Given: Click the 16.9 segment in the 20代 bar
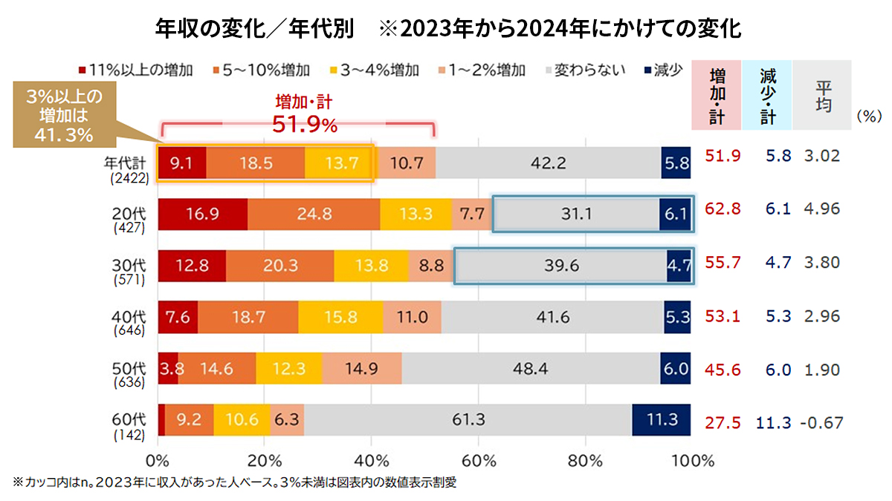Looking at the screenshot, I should [202, 215].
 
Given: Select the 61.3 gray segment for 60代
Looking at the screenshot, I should [468, 420].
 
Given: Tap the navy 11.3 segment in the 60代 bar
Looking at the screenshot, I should [662, 420].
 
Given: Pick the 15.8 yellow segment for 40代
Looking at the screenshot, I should [340, 317].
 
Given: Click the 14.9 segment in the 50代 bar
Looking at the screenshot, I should [362, 369].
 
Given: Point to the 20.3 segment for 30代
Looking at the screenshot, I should [279, 266].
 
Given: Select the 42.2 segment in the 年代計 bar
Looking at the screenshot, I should [548, 163].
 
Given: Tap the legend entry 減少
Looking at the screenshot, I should [662, 71].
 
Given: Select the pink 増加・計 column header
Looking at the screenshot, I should [717, 96].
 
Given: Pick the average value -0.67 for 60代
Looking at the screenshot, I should [821, 423].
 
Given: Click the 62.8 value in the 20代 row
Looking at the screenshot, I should [723, 210].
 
